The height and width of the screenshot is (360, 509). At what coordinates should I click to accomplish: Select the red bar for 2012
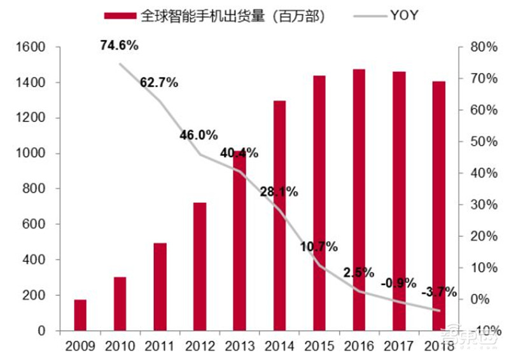click(199, 267)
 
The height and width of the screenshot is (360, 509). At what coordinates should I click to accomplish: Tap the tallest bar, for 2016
click(359, 200)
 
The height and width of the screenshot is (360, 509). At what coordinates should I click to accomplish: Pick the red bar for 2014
click(279, 216)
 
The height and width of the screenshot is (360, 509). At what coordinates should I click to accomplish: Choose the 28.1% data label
click(279, 192)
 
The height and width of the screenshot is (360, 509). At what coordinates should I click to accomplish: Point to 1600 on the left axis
click(30, 47)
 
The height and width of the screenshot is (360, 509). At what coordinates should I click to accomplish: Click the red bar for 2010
click(120, 303)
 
